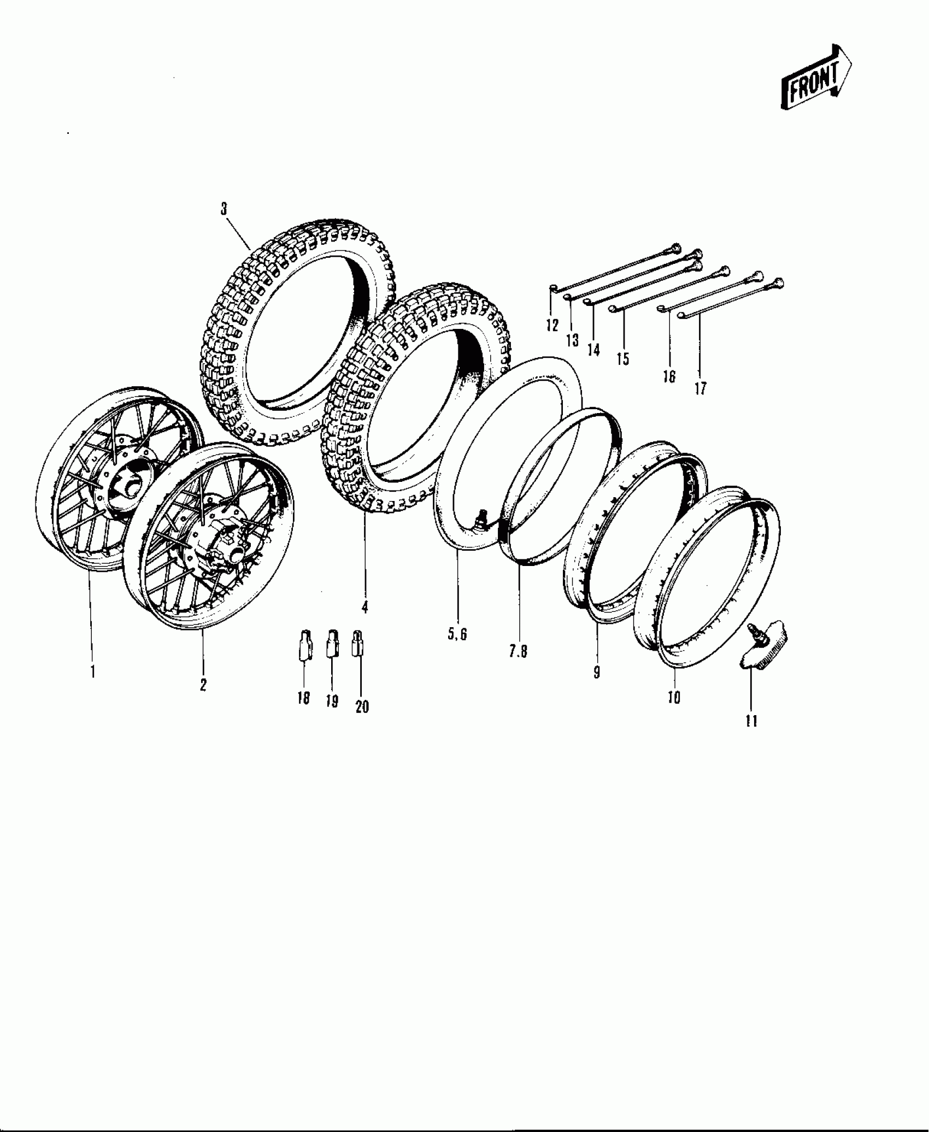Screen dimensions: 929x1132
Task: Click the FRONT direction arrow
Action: point(816,78)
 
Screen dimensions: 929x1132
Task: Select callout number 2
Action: point(203,685)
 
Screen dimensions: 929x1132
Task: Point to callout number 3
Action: point(224,209)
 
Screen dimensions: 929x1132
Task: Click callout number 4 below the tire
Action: point(364,606)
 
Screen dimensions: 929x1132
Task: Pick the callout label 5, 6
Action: point(457,635)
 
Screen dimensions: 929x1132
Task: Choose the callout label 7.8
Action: point(518,651)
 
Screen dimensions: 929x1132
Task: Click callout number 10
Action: point(674,698)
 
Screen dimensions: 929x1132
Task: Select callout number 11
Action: point(751,721)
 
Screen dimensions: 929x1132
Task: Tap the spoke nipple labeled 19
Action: point(331,645)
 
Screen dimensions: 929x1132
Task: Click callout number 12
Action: point(552,326)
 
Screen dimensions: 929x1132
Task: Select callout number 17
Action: point(700,388)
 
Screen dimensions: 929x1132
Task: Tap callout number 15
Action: point(622,359)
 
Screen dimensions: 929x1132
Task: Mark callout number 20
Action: point(362,707)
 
